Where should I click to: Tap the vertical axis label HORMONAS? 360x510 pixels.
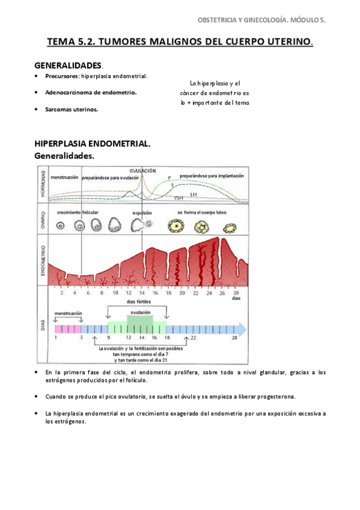coord(42,183)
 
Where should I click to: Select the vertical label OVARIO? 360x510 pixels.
coord(42,221)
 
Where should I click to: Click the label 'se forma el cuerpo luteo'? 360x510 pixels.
coord(203,212)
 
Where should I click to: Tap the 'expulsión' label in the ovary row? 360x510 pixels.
coord(142,212)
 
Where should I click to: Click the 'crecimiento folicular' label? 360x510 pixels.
coord(78,212)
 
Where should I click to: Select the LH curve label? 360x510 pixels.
coord(193,194)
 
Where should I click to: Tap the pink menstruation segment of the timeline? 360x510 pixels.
coord(67,329)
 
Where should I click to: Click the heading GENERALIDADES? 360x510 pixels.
coord(68,64)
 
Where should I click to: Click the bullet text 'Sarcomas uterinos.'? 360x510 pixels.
coord(72,109)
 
